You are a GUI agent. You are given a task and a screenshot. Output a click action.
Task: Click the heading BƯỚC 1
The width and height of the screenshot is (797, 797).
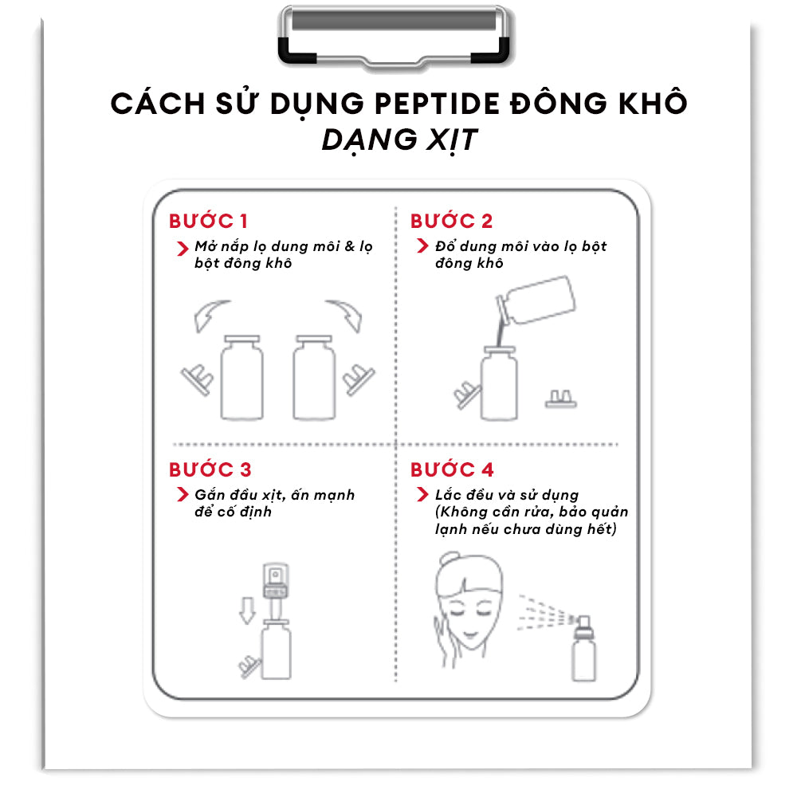tap(208, 221)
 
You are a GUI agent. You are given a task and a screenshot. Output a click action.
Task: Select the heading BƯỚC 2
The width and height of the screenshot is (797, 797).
tap(451, 221)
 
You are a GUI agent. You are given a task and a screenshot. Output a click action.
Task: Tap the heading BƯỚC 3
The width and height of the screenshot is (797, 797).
tap(210, 469)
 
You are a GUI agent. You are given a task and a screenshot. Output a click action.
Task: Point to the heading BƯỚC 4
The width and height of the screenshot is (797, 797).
tap(452, 469)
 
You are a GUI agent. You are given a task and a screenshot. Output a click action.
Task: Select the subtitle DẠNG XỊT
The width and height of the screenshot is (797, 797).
tap(399, 139)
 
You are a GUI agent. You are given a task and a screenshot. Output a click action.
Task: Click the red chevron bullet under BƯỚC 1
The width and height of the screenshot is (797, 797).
tap(183, 249)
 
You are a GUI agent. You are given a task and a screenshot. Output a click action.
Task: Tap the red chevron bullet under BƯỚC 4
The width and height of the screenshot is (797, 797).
tap(422, 494)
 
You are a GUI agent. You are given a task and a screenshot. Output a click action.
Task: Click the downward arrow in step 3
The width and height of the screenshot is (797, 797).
tap(247, 611)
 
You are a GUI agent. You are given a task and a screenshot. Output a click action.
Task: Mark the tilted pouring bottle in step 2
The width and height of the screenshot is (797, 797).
tap(536, 300)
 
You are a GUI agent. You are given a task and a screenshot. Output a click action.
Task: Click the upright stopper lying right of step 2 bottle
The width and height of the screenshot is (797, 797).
tap(561, 399)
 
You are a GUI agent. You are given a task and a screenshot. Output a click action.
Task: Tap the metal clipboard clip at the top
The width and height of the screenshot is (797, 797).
tap(394, 37)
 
